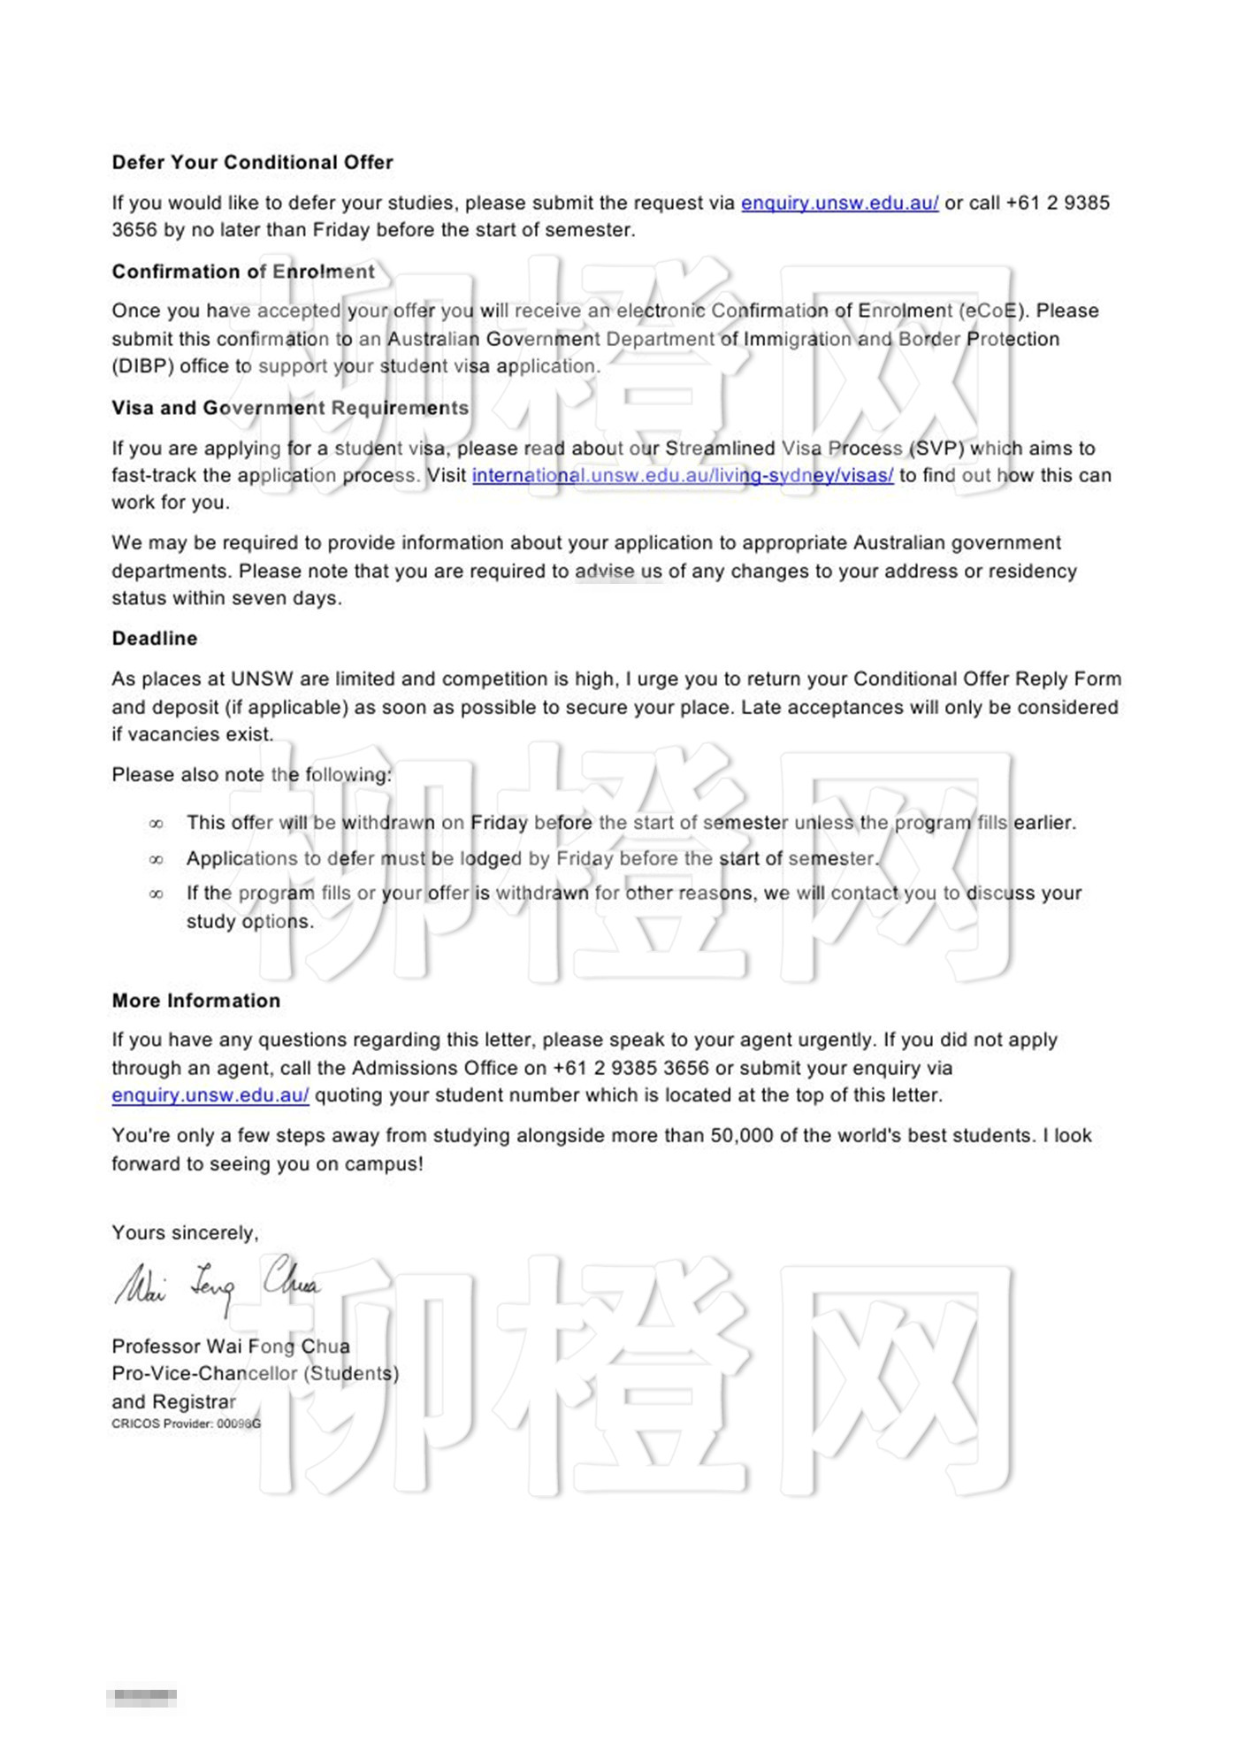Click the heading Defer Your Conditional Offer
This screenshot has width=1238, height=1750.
tap(252, 163)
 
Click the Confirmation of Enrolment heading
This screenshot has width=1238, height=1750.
tap(243, 272)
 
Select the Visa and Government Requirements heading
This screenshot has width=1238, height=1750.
tap(290, 408)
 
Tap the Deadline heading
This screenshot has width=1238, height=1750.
tap(155, 639)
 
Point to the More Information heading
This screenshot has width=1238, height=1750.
tap(196, 1001)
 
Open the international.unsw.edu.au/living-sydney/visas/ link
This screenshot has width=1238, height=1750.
tap(683, 476)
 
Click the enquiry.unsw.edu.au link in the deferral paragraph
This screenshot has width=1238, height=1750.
tap(839, 203)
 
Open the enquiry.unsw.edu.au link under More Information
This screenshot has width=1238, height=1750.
tap(210, 1095)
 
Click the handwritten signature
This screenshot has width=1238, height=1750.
tap(217, 1285)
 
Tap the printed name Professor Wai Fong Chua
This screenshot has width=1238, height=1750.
tap(231, 1347)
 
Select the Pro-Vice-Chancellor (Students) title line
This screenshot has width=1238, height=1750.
tap(256, 1374)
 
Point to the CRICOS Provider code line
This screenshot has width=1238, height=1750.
tap(186, 1424)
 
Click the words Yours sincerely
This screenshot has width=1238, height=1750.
tap(185, 1233)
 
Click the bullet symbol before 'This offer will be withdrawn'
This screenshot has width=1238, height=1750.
tap(157, 824)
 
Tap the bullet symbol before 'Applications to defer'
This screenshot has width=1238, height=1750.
tap(157, 859)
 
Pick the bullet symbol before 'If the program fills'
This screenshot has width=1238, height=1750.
tap(157, 894)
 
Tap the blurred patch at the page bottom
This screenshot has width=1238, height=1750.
tap(141, 1698)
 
